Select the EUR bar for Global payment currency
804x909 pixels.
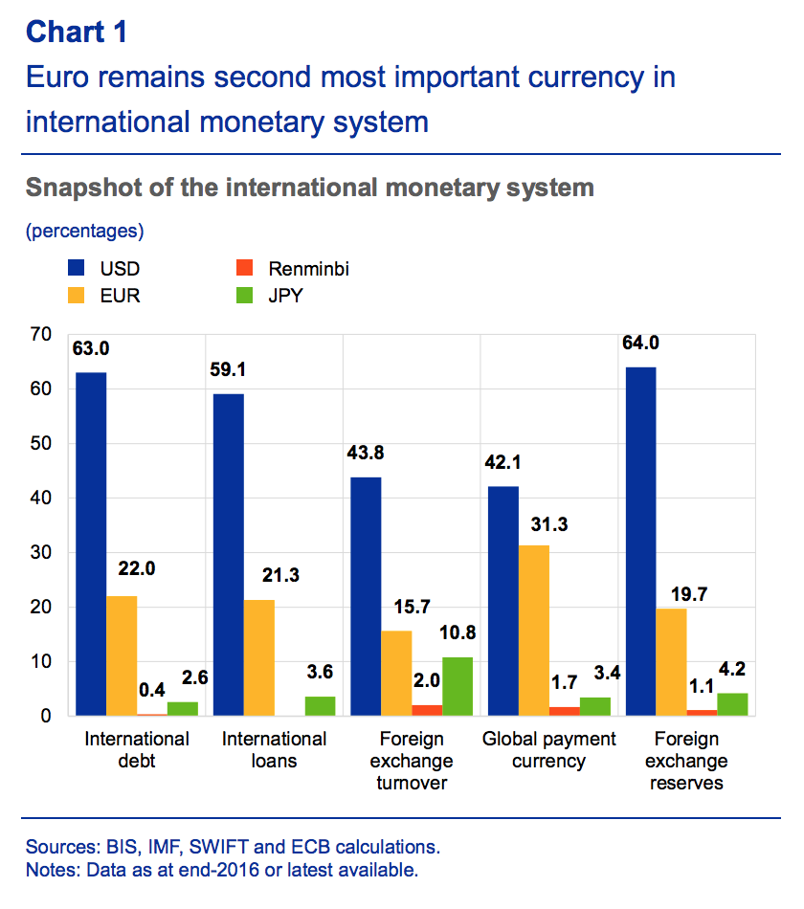535,631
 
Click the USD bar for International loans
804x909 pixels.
228,554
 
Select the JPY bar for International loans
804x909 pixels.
320,706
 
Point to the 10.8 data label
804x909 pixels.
458,632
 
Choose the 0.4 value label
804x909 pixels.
151,690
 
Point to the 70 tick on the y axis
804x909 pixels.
40,335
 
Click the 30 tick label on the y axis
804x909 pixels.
40,553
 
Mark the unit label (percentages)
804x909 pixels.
85,231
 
